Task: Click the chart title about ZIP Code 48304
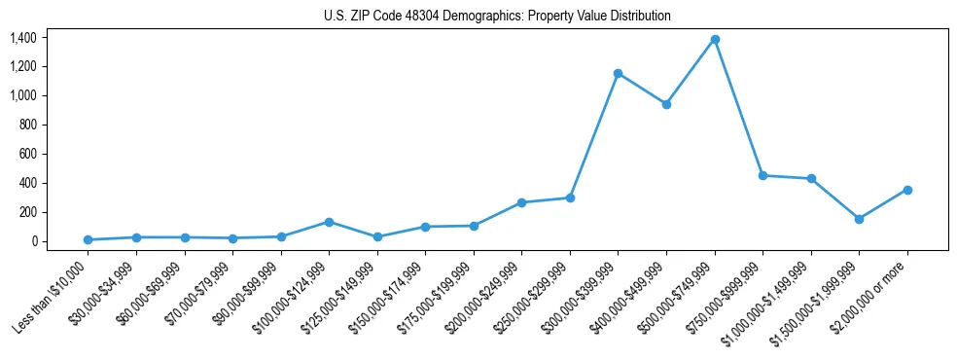coord(497,17)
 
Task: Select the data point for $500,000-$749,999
coord(715,39)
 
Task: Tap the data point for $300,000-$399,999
coord(619,73)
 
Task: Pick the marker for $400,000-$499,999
coord(666,104)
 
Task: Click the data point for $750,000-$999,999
coord(763,175)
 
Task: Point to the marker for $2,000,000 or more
coord(907,190)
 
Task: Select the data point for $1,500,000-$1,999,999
coord(860,219)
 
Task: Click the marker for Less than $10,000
coord(88,239)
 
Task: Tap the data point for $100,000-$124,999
coord(330,222)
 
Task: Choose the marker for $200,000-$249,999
coord(522,202)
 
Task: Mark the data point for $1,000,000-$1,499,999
coord(811,178)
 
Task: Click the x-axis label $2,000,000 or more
coord(870,295)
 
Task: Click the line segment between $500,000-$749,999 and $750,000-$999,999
coord(739,107)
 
